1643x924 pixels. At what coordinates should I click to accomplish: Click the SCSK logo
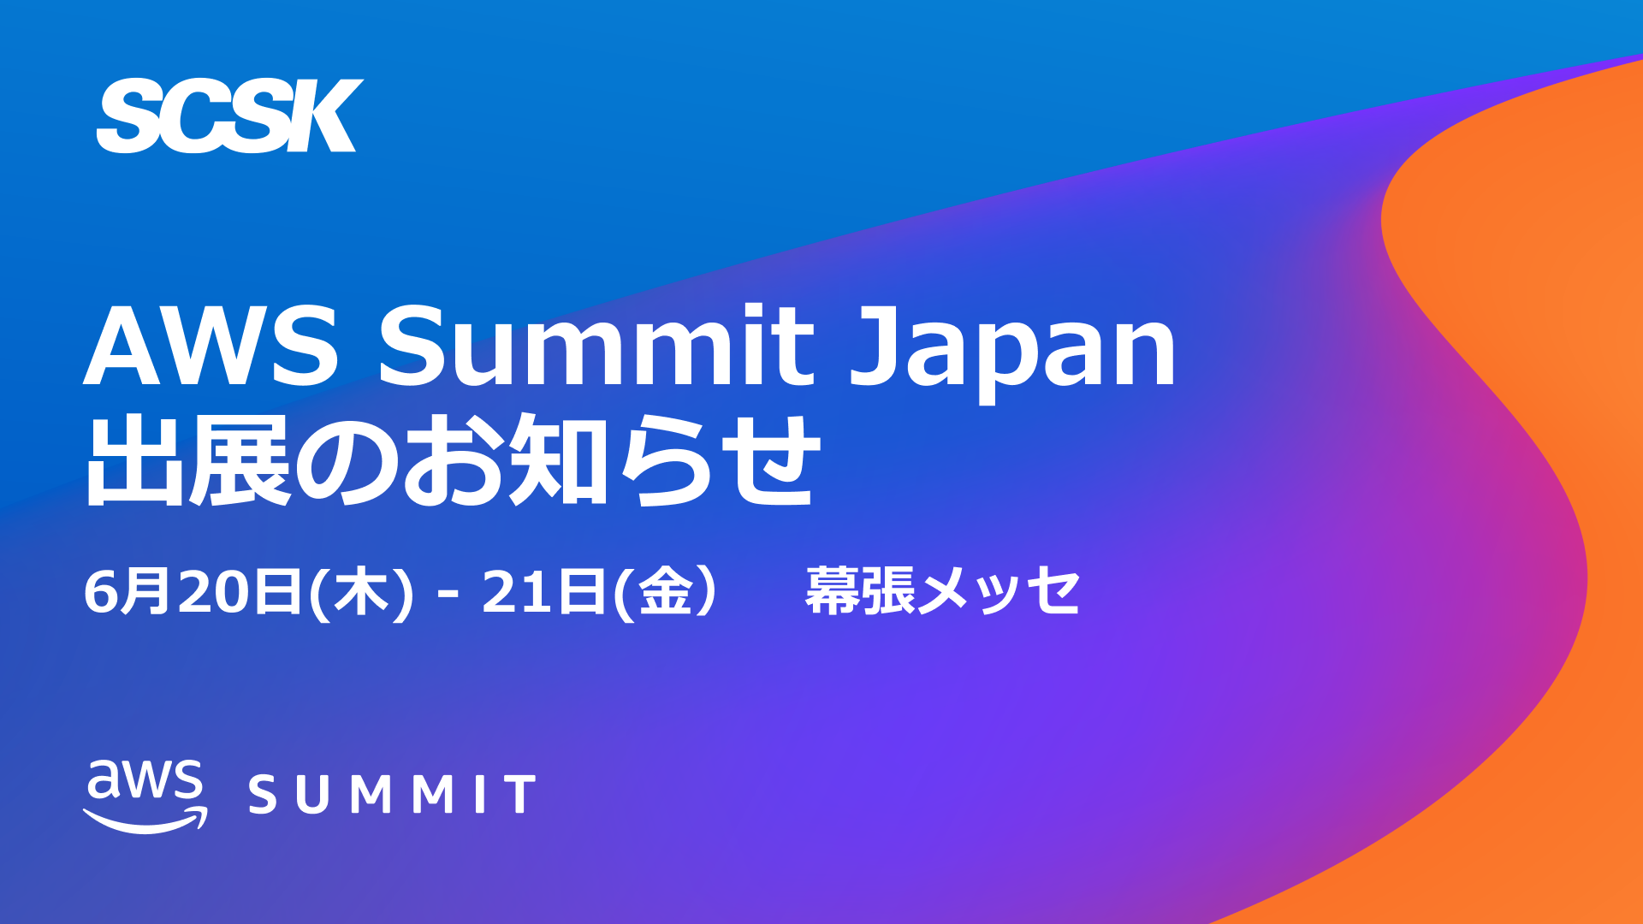[229, 115]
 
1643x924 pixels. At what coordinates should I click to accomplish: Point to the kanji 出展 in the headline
[188, 460]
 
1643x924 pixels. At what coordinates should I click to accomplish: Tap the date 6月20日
[193, 591]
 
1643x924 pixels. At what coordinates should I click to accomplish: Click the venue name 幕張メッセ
[942, 591]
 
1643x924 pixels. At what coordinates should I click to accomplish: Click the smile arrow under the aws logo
[145, 820]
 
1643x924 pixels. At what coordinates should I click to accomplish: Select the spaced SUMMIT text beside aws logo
[392, 794]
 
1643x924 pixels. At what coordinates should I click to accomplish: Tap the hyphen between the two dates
[446, 593]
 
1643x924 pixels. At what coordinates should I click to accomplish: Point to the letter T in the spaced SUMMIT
[519, 794]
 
